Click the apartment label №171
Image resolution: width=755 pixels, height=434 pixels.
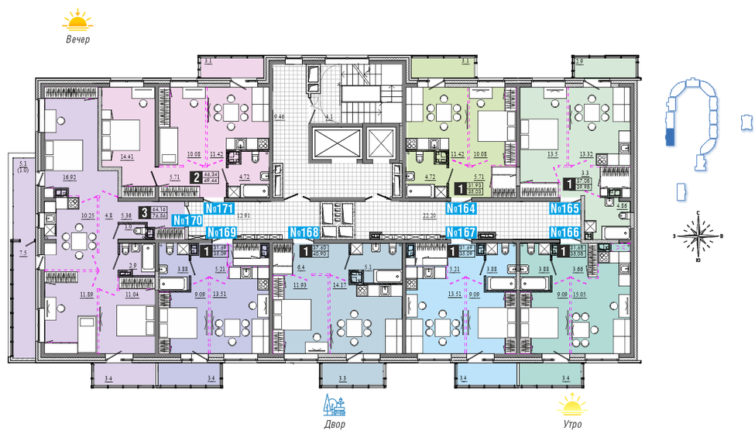click(220, 209)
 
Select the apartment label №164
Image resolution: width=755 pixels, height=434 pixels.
click(461, 209)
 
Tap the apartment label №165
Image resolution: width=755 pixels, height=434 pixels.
click(565, 209)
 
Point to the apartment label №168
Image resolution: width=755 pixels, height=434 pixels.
click(304, 232)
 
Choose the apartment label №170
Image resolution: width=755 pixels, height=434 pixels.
click(187, 221)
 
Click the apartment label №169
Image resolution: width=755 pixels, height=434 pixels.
click(221, 232)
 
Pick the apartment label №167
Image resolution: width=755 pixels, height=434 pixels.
click(461, 232)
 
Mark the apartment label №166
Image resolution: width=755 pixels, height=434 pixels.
click(565, 232)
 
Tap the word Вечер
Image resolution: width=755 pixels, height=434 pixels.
click(77, 40)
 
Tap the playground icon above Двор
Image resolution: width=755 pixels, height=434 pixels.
click(335, 405)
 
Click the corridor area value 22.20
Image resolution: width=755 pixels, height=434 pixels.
click(431, 217)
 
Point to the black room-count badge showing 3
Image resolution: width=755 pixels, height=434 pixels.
click(145, 213)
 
